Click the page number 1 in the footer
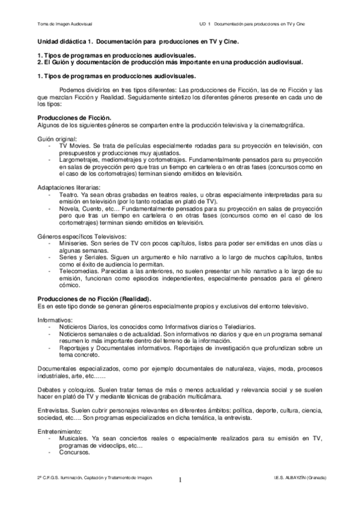coord(180,481)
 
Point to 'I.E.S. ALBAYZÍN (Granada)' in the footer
coord(299,476)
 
